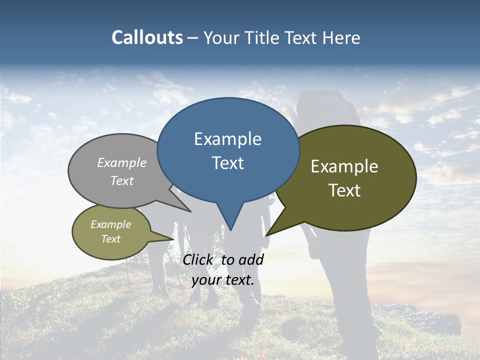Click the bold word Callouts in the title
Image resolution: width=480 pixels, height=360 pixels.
[147, 37]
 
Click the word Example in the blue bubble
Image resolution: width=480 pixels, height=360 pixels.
[227, 139]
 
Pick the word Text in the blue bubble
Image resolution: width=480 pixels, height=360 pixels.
[227, 163]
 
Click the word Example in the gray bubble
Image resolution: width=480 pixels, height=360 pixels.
[122, 162]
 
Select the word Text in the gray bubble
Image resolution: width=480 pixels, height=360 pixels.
[122, 180]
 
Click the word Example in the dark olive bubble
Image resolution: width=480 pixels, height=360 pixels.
[344, 166]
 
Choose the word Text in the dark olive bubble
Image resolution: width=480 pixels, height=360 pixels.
[344, 190]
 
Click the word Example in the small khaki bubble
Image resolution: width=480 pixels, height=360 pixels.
[110, 224]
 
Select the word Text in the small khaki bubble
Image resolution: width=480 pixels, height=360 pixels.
[110, 239]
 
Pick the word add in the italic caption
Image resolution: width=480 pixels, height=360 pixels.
[250, 259]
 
